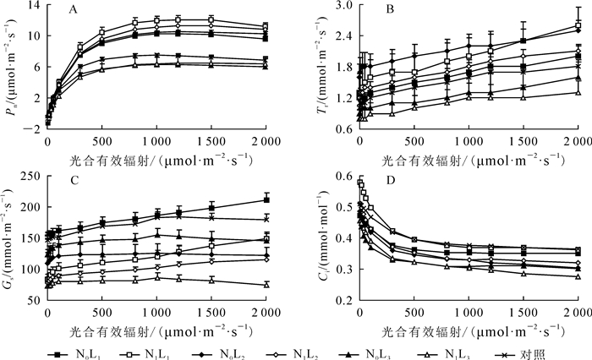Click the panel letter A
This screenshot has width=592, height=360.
tap(74, 12)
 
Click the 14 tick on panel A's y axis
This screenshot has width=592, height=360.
tap(33, 6)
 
